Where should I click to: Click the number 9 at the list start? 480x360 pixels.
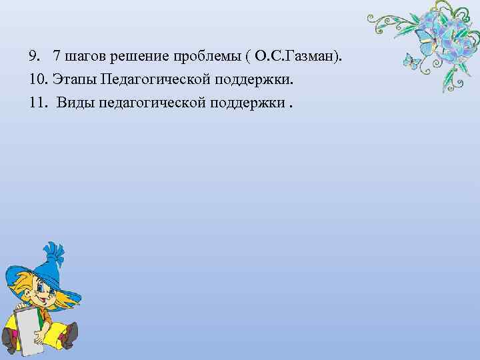click(x=33, y=53)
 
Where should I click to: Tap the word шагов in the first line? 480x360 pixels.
click(x=81, y=54)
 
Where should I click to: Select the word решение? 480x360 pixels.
click(x=131, y=54)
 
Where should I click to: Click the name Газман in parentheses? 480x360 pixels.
click(x=311, y=53)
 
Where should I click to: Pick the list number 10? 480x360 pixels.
click(x=36, y=79)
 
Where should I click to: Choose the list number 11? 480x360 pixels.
click(x=36, y=104)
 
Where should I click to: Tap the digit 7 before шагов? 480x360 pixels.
click(x=56, y=53)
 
